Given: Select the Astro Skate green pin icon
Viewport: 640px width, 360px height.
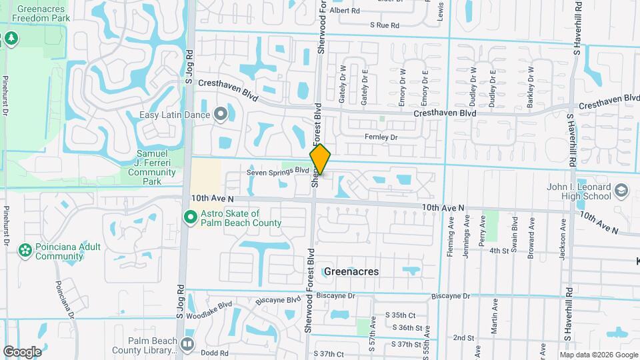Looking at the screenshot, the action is [x=190, y=217].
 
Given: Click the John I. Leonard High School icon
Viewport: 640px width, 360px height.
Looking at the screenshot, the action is [x=621, y=190].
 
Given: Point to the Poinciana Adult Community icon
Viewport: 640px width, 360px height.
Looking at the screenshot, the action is [x=25, y=251].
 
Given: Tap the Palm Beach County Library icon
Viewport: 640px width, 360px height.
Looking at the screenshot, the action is [x=187, y=344].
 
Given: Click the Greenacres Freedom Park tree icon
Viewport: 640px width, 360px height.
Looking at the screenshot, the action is [x=11, y=39].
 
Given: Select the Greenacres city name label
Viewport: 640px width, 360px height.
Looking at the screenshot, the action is [x=351, y=271].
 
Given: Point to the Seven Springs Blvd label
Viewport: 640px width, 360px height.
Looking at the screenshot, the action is [x=278, y=171].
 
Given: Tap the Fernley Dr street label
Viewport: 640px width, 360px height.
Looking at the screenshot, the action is [x=381, y=137].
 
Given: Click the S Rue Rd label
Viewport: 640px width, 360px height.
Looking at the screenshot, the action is [x=385, y=25].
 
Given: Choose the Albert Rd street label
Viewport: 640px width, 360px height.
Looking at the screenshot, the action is [x=344, y=11].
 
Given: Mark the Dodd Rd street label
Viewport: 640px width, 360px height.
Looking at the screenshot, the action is [x=215, y=353].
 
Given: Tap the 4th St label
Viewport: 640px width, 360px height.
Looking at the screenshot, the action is [x=499, y=251].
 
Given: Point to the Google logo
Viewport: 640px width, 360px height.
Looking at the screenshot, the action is [x=22, y=351].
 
